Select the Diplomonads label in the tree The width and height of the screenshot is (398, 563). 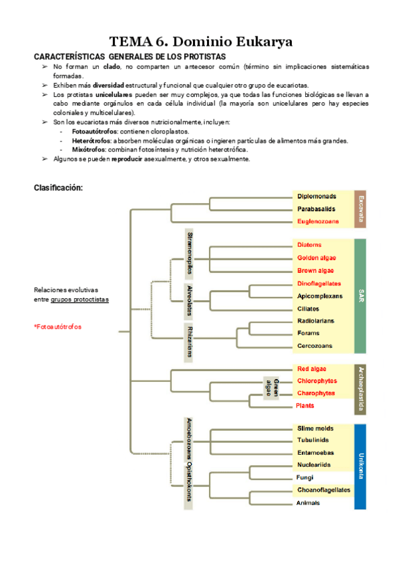[316, 197]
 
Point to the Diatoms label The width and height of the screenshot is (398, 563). [309, 245]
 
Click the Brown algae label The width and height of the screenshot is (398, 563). [316, 270]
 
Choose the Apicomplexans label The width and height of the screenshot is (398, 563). [320, 295]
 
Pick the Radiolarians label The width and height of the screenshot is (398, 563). [316, 321]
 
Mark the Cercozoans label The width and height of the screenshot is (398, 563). [314, 346]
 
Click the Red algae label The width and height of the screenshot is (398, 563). [312, 368]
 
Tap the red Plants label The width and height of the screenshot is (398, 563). [306, 406]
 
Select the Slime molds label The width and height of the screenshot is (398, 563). [315, 428]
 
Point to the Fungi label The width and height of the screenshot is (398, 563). [305, 477]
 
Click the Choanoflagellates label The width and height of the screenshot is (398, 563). [324, 490]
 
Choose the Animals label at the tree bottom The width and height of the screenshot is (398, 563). [308, 503]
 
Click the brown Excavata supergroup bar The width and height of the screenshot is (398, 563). [360, 208]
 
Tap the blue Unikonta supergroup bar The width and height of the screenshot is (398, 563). [360, 466]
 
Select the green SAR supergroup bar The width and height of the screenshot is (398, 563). [360, 295]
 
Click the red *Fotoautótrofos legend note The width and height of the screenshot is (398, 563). [58, 327]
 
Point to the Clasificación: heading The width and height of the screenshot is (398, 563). [58, 188]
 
